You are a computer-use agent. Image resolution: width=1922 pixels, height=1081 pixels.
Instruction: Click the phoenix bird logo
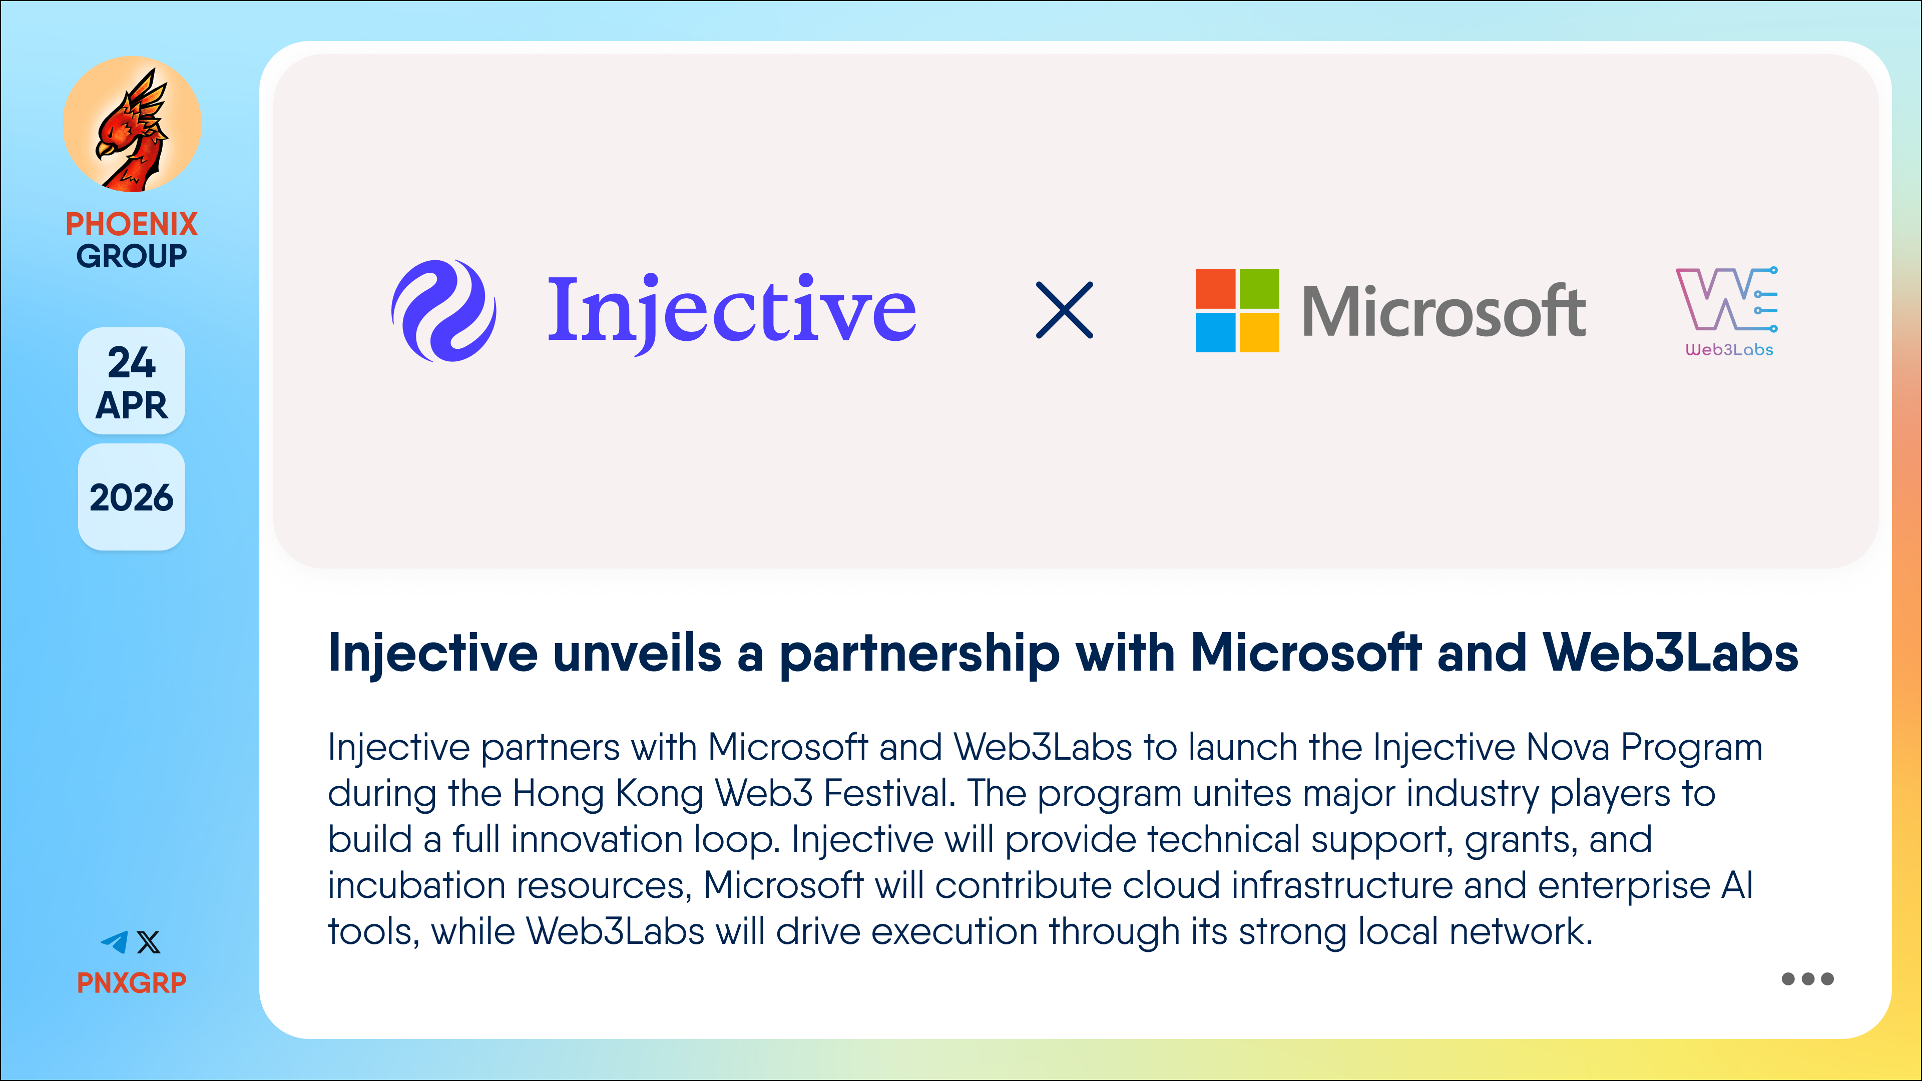pos(132,125)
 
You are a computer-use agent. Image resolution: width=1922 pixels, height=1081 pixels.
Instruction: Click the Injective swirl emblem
pos(444,310)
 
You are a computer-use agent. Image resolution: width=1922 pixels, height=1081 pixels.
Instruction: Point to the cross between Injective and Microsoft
pos(1065,310)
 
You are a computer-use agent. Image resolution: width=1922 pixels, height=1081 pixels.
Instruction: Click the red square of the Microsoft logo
pos(1215,289)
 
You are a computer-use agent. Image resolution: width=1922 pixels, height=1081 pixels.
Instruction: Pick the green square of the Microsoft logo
pos(1259,289)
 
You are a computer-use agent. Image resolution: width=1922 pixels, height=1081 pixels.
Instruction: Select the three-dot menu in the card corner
pos(1807,979)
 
